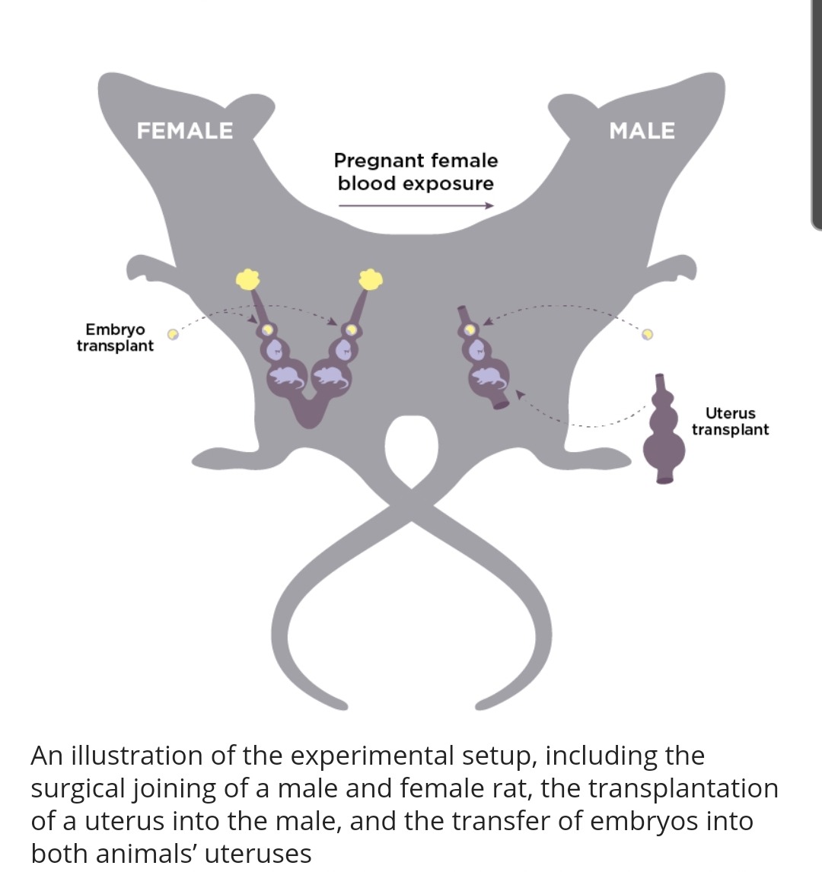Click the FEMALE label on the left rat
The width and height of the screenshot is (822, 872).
click(x=185, y=131)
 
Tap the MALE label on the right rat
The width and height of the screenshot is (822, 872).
click(x=642, y=132)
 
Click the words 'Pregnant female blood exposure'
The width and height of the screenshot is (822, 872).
click(x=416, y=172)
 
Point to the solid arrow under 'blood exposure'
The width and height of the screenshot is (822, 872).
click(x=416, y=205)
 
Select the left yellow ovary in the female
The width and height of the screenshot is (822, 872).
click(x=248, y=279)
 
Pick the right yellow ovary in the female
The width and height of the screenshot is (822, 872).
click(x=370, y=279)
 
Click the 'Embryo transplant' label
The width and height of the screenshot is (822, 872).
click(x=115, y=338)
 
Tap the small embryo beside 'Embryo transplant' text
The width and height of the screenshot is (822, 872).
click(x=173, y=333)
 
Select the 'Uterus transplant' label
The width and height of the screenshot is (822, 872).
click(x=730, y=422)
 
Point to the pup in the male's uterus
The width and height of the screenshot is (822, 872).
click(x=487, y=375)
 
